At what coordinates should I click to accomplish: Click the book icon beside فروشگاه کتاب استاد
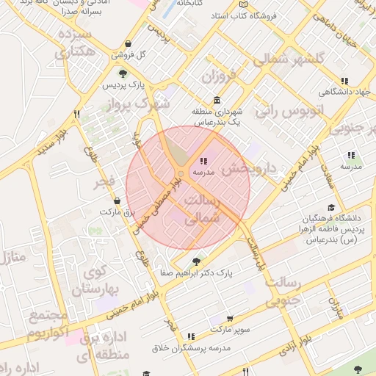[244, 15]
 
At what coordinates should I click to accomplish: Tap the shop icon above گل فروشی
[129, 43]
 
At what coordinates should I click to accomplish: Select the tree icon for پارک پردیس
[123, 73]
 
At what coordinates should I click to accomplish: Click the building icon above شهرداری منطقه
[217, 101]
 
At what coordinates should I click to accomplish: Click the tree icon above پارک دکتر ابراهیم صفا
[196, 261]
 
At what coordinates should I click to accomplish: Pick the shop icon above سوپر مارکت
[230, 319]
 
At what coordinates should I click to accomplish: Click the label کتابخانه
[189, 4]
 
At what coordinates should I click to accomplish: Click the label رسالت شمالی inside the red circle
[199, 209]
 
